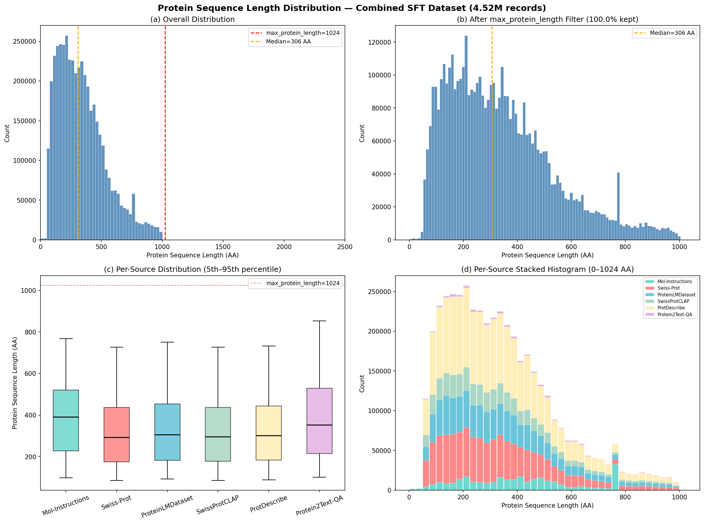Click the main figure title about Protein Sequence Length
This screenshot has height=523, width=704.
tap(351, 8)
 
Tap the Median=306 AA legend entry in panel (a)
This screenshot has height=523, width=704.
tap(288, 41)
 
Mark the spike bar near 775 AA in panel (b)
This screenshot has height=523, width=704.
tap(618, 206)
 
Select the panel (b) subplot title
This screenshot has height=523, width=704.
tap(547, 19)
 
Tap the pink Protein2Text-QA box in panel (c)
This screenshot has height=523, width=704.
tap(319, 421)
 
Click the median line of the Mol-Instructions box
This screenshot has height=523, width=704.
tap(66, 417)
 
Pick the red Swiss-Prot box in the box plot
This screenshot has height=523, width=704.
tap(116, 434)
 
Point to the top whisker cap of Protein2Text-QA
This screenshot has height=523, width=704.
tap(319, 321)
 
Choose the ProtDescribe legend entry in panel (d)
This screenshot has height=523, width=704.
tap(671, 308)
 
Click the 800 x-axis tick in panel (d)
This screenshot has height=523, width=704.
tap(625, 497)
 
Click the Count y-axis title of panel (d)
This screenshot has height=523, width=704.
tap(362, 384)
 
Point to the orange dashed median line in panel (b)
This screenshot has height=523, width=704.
tap(492, 158)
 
